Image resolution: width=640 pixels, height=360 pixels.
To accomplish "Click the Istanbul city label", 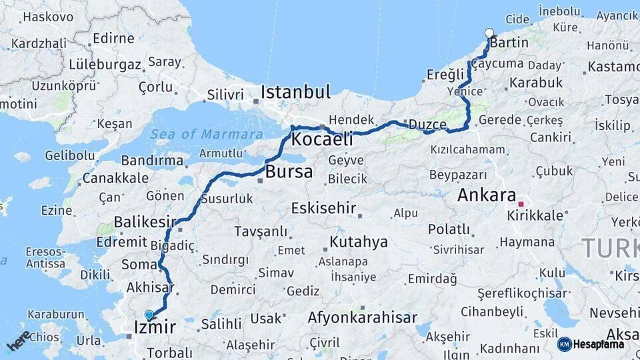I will [x=295, y=92].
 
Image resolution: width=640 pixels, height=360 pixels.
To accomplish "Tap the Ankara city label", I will [x=487, y=196].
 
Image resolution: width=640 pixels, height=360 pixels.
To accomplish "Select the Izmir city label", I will [x=155, y=327].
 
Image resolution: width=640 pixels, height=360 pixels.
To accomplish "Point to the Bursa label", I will [x=289, y=172].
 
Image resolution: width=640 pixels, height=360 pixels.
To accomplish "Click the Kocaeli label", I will [x=322, y=141].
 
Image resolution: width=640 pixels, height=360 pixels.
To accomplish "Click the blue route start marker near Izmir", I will [x=149, y=315].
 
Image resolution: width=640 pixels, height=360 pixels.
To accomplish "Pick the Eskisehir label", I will [x=323, y=208].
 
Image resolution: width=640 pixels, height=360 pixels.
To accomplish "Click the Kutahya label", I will [x=359, y=241].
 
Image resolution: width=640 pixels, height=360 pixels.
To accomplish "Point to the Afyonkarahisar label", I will [x=362, y=318].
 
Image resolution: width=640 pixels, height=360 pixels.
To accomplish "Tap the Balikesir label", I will [x=145, y=221].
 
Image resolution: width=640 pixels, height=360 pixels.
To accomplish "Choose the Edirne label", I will [x=113, y=38].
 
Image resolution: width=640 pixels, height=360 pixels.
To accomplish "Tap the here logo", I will [x=19, y=341].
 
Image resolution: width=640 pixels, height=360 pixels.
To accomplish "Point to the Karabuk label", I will [x=536, y=83].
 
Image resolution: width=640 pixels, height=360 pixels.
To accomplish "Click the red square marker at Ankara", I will [x=521, y=205].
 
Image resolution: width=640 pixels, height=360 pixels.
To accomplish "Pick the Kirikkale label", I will [x=535, y=216].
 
